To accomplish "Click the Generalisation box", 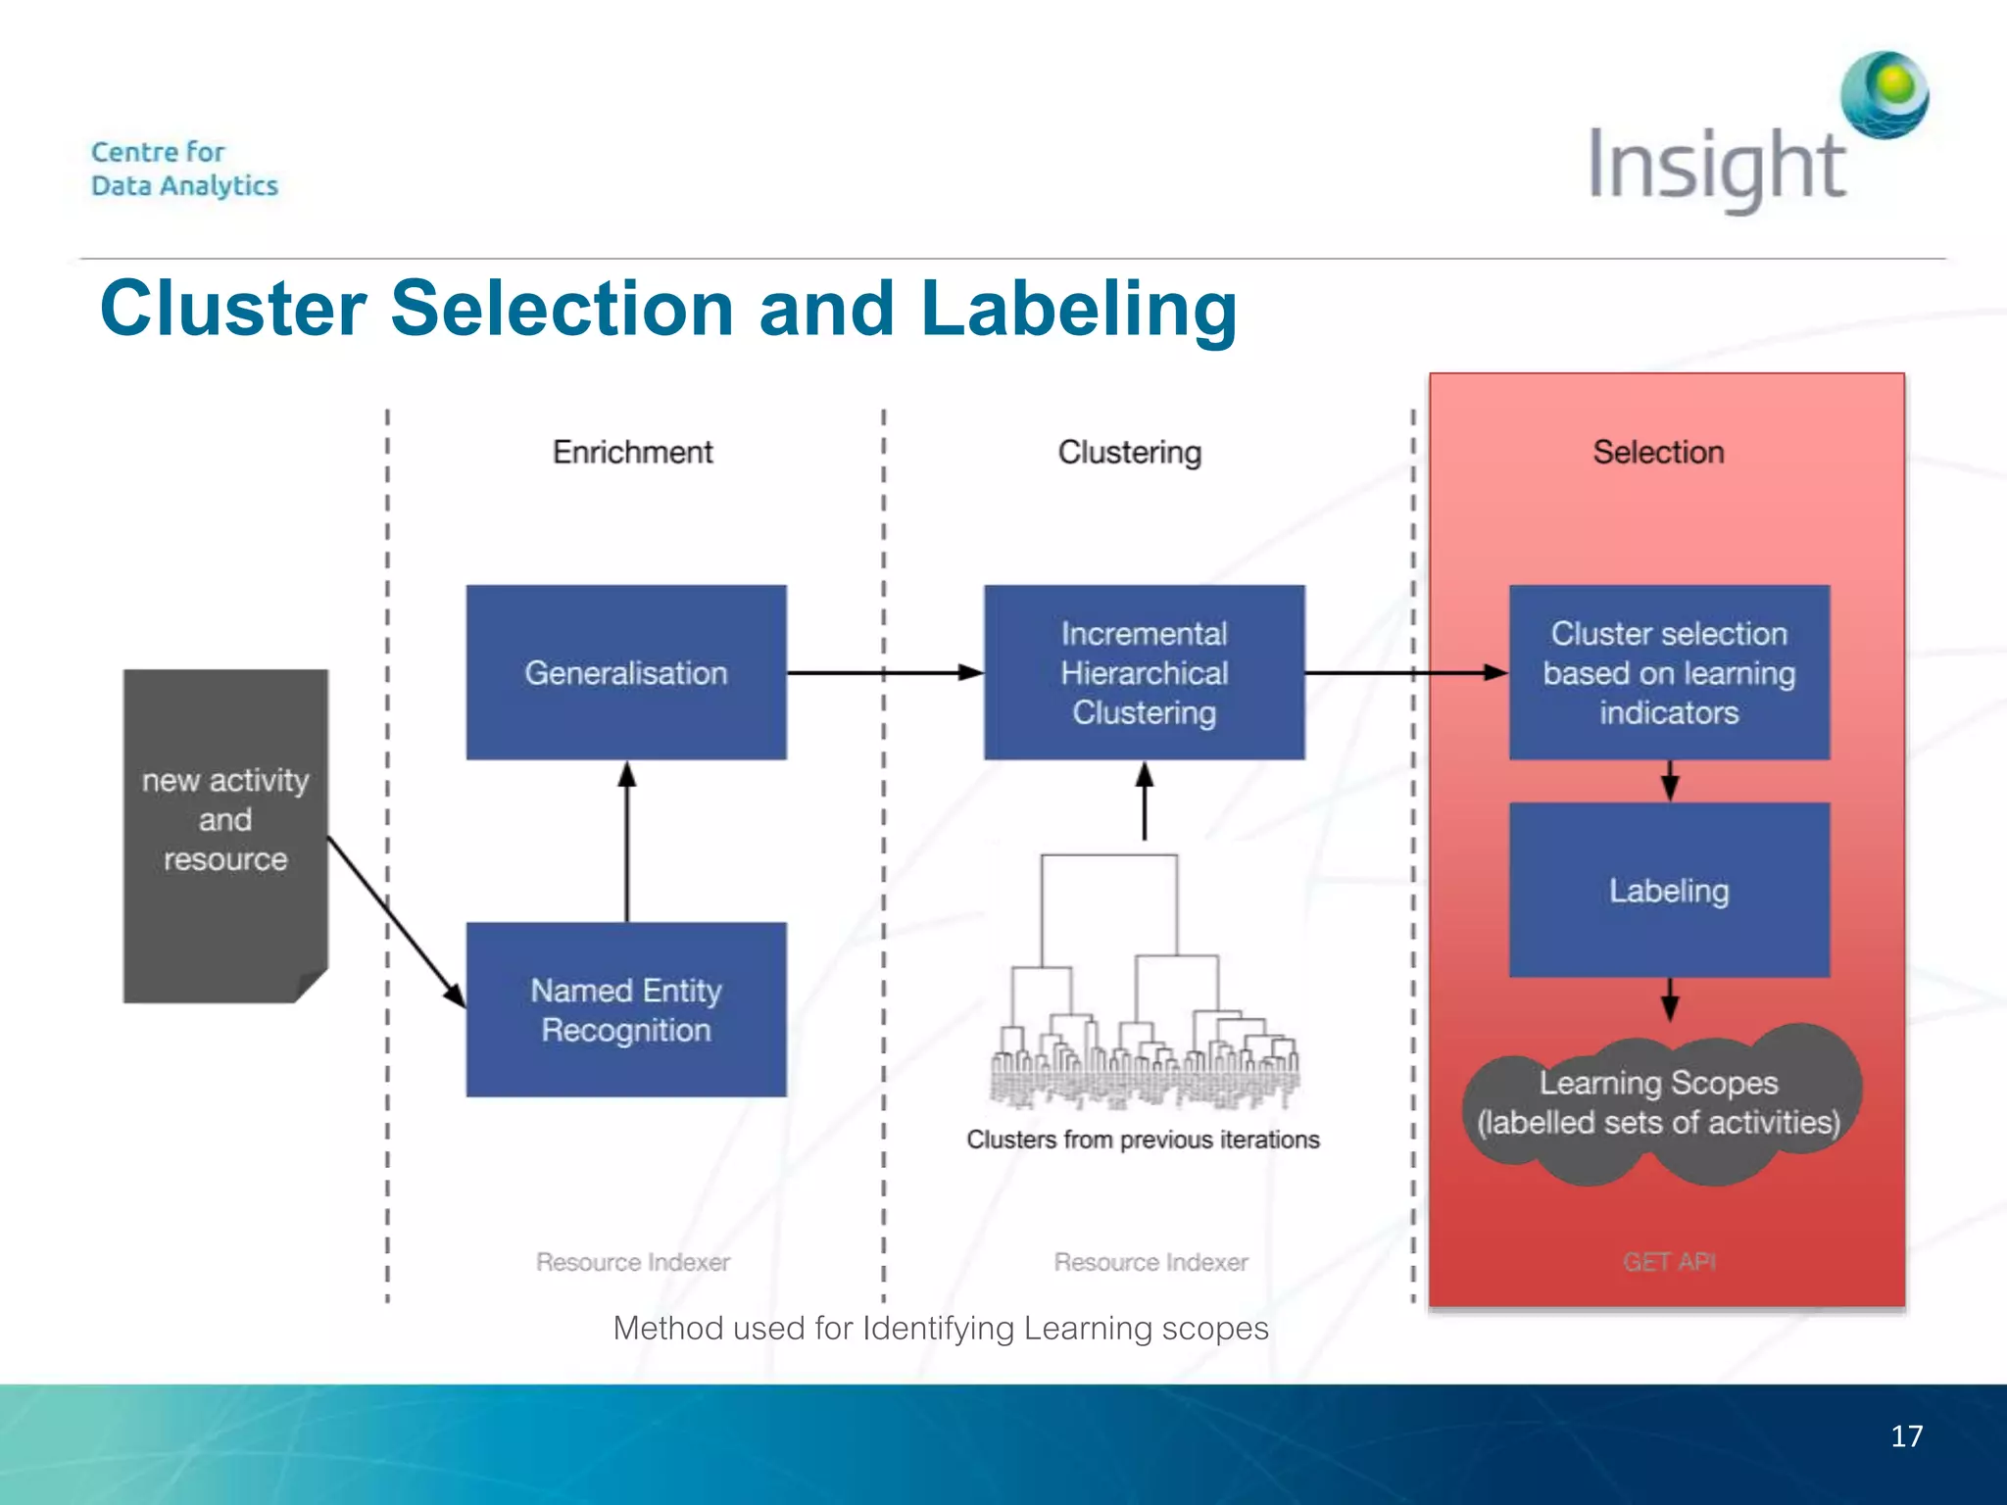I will click(x=625, y=672).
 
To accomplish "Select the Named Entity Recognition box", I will click(x=625, y=1009).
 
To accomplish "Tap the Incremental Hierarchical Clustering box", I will click(x=1144, y=672).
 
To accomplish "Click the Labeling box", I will click(x=1669, y=890).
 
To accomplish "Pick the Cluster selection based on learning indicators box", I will click(x=1669, y=672).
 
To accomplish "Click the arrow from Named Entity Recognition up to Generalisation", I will click(x=627, y=843).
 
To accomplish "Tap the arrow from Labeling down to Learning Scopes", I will click(x=1670, y=1000).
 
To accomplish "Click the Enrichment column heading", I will click(x=632, y=452).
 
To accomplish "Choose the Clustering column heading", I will click(x=1129, y=452).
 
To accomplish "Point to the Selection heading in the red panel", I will click(x=1658, y=452).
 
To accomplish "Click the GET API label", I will click(x=1669, y=1261).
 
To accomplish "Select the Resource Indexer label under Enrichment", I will click(x=632, y=1261).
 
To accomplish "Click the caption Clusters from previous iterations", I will click(x=1143, y=1140).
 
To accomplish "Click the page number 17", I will click(x=1906, y=1435).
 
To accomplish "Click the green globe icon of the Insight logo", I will click(x=1885, y=95).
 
